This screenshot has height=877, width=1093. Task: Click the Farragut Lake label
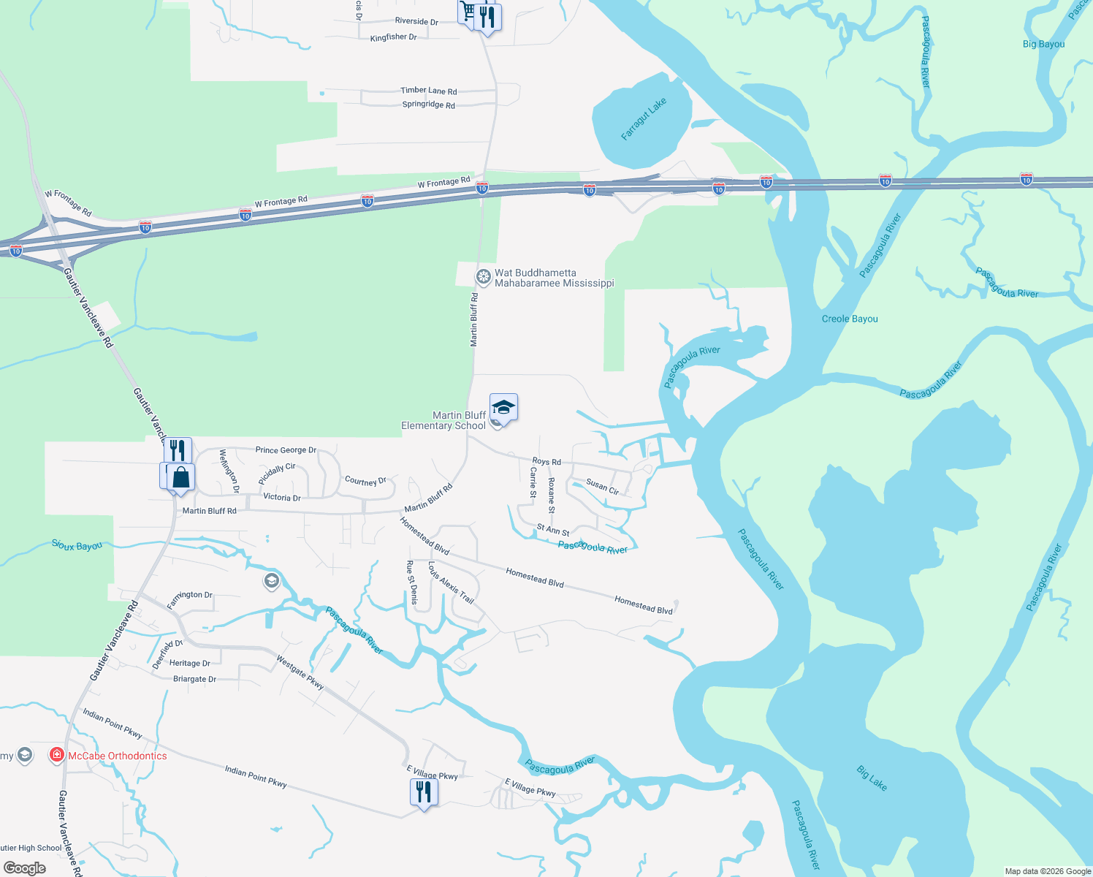[x=644, y=119]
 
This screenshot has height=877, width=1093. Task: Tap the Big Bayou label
[x=1043, y=44]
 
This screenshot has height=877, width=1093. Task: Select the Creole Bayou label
[x=850, y=319]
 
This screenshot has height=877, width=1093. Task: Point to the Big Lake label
[x=872, y=778]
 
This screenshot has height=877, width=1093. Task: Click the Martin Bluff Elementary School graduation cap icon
[x=503, y=406]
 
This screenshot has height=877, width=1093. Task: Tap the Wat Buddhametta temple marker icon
[x=483, y=277]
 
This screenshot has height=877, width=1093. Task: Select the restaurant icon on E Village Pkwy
[x=424, y=791]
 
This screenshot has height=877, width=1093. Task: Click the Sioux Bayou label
[x=77, y=545]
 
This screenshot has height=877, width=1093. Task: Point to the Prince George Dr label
[x=286, y=450]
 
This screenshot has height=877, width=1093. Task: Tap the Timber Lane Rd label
[x=428, y=91]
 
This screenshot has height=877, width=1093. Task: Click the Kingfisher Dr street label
[x=393, y=37]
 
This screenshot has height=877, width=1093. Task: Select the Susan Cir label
[x=602, y=487]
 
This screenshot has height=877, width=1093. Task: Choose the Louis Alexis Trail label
[x=451, y=582]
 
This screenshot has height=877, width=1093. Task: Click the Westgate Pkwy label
[x=300, y=672]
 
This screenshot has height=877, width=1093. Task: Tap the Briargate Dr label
[x=194, y=679]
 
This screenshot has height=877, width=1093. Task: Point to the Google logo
[x=25, y=868]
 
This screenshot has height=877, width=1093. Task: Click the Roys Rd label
[x=546, y=462]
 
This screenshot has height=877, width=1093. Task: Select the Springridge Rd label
[x=428, y=105]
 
